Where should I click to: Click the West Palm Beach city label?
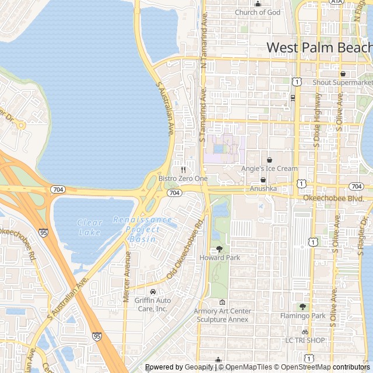point(319,47)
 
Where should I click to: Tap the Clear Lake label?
point(90,227)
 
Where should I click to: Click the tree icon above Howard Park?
point(219,249)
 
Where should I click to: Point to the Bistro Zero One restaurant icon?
point(183,170)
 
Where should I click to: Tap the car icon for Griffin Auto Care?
point(153,291)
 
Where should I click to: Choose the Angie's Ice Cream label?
point(269,169)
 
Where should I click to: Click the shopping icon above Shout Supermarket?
point(343,73)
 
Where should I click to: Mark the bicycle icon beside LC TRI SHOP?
point(305,331)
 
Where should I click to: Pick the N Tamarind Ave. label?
point(204,36)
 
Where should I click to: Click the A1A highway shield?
point(336,2)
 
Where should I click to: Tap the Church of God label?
point(258,12)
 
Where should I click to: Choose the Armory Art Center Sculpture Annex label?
point(222,315)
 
